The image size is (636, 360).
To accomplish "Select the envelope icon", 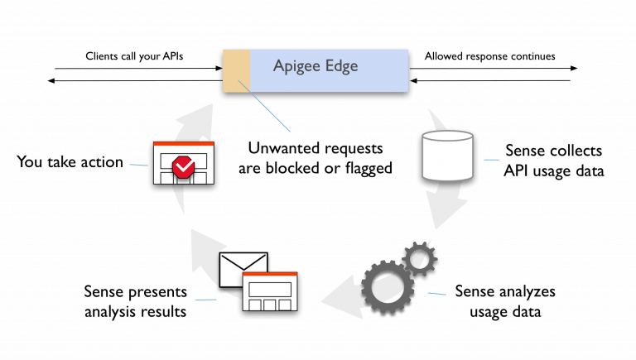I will click(244, 269).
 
